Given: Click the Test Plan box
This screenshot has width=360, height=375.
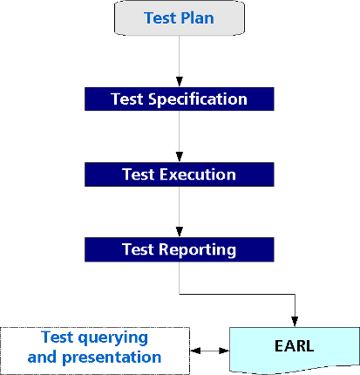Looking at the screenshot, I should [x=179, y=19].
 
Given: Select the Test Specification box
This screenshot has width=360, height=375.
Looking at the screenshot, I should [x=179, y=99].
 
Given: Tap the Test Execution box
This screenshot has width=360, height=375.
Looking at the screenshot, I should [x=179, y=174].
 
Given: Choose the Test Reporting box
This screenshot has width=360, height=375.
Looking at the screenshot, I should [x=179, y=250].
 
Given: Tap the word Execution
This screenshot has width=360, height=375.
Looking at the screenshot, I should [x=197, y=174].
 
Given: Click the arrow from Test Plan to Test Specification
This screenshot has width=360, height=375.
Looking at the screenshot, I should [x=179, y=61].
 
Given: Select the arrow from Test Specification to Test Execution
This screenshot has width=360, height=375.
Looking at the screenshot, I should [x=179, y=136].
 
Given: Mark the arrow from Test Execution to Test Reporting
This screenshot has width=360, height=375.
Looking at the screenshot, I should [x=179, y=212].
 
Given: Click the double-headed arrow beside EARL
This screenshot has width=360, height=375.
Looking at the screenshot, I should [x=209, y=351].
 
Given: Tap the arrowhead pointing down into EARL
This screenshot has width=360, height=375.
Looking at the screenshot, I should [x=295, y=322].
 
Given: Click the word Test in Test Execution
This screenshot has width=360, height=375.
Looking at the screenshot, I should [x=138, y=174].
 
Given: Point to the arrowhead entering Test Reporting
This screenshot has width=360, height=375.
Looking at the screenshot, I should [x=179, y=234].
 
